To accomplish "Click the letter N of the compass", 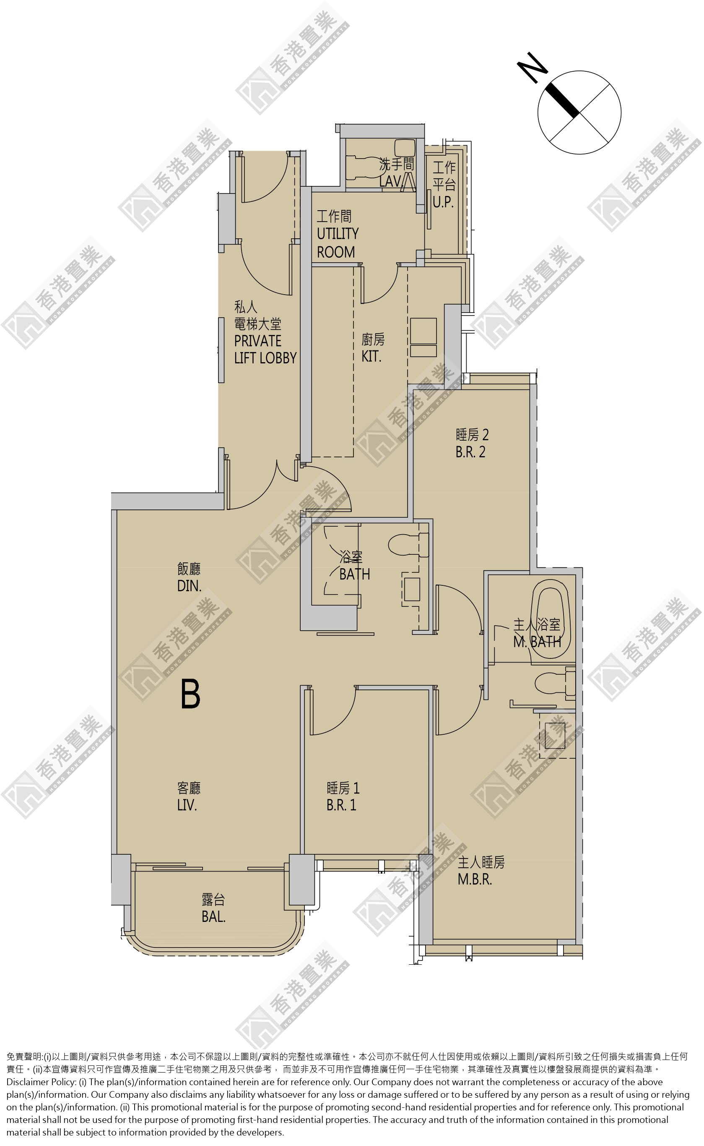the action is (x=532, y=68).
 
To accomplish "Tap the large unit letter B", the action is (x=190, y=694).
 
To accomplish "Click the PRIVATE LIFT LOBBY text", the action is (x=265, y=350).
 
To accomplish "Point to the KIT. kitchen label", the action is (x=371, y=356).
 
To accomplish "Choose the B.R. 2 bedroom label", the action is (x=470, y=452).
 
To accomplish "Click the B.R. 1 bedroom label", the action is (x=341, y=805).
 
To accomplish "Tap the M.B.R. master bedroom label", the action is (x=475, y=879).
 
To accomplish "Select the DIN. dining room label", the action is (x=189, y=586).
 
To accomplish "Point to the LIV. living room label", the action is (x=187, y=805).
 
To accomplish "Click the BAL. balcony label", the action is (x=213, y=917).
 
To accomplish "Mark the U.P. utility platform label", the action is (x=443, y=202).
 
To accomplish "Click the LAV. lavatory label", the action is (x=390, y=181).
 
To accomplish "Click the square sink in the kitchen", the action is (x=423, y=331).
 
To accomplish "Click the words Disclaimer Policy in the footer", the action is (x=41, y=1082).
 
